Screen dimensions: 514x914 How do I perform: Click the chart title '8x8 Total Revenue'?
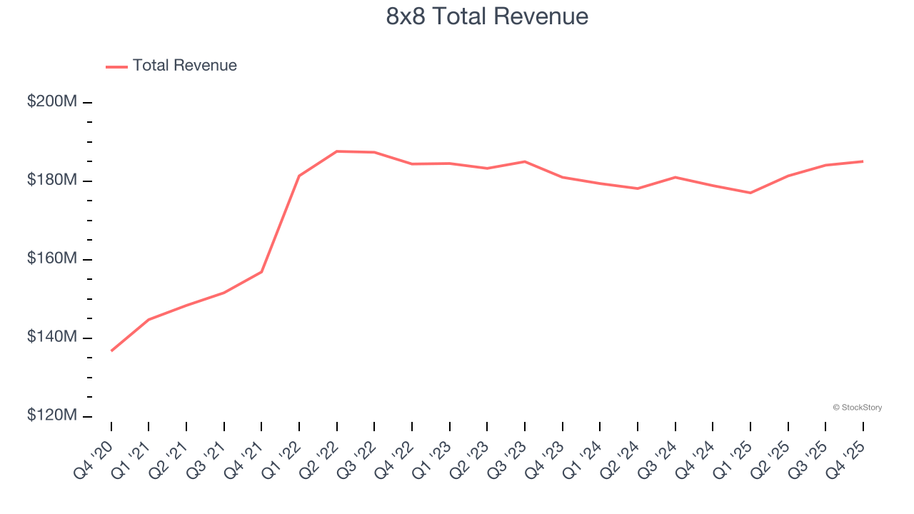(487, 16)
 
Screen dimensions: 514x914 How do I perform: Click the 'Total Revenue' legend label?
(184, 66)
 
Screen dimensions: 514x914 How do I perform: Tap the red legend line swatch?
(117, 66)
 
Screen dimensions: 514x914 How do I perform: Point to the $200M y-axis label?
(52, 102)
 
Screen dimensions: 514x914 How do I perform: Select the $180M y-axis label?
(52, 181)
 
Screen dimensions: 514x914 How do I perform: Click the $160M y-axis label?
(52, 259)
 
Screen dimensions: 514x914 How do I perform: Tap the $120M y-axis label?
(52, 415)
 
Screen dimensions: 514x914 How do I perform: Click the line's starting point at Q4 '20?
(111, 351)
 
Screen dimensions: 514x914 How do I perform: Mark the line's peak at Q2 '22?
(337, 151)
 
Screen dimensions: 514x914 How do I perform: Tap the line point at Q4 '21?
(261, 272)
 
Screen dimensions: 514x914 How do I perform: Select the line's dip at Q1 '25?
(750, 193)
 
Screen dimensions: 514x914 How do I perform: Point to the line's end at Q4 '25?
(863, 161)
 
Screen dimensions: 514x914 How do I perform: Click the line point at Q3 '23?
(525, 161)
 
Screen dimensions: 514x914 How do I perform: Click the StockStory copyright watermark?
(857, 408)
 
